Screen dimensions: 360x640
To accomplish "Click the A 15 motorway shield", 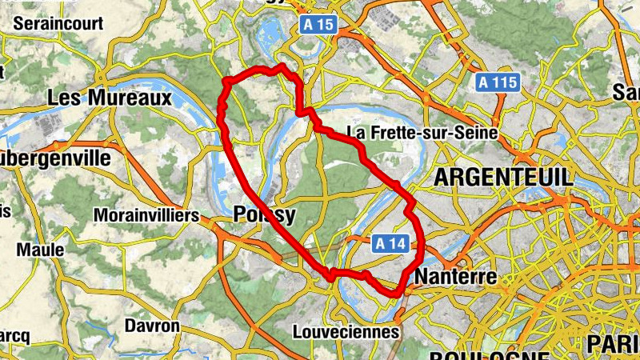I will tap(318, 25).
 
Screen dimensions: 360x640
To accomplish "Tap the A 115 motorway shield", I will tap(498, 82).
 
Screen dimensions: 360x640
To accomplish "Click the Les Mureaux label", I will tap(110, 98).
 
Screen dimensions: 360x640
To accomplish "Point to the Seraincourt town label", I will tap(58, 23).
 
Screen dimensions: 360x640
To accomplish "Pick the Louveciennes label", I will tap(346, 331).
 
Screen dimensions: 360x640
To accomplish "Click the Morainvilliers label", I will tap(146, 216).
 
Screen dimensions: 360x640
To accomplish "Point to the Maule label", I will tap(40, 250).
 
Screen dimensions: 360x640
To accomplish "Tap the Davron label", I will tap(152, 326).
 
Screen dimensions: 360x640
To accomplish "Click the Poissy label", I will tap(265, 215).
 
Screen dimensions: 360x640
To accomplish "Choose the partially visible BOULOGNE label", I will tap(488, 354).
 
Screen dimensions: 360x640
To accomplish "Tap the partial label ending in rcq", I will tap(14, 334).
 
